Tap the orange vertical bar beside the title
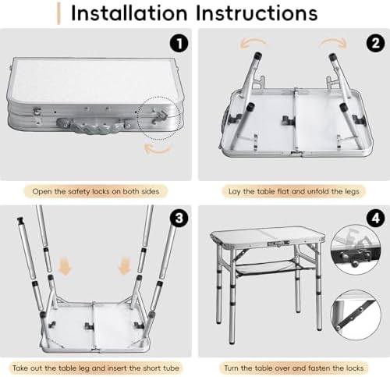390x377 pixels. (59, 13)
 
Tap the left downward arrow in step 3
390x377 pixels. (66, 268)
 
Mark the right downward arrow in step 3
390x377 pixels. (124, 268)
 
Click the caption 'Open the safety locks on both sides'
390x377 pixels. (97, 190)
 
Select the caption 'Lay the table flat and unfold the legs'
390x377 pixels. (292, 190)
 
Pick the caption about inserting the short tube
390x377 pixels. (97, 366)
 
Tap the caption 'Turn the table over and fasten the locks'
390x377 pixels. (292, 366)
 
